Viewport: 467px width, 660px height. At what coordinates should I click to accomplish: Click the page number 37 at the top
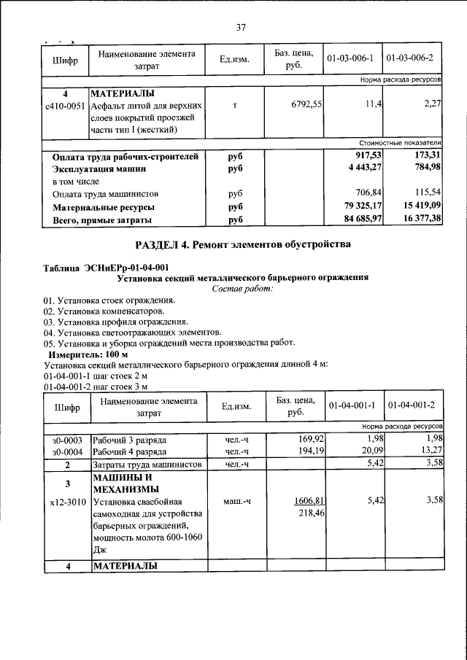[x=241, y=27]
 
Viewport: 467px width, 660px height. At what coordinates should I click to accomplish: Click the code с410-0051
[x=66, y=106]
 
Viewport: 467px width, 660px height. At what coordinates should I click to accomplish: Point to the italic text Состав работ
[x=242, y=290]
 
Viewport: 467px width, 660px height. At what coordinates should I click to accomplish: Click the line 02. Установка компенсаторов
[x=99, y=311]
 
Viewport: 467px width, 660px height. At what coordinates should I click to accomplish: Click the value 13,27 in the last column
[x=431, y=452]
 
